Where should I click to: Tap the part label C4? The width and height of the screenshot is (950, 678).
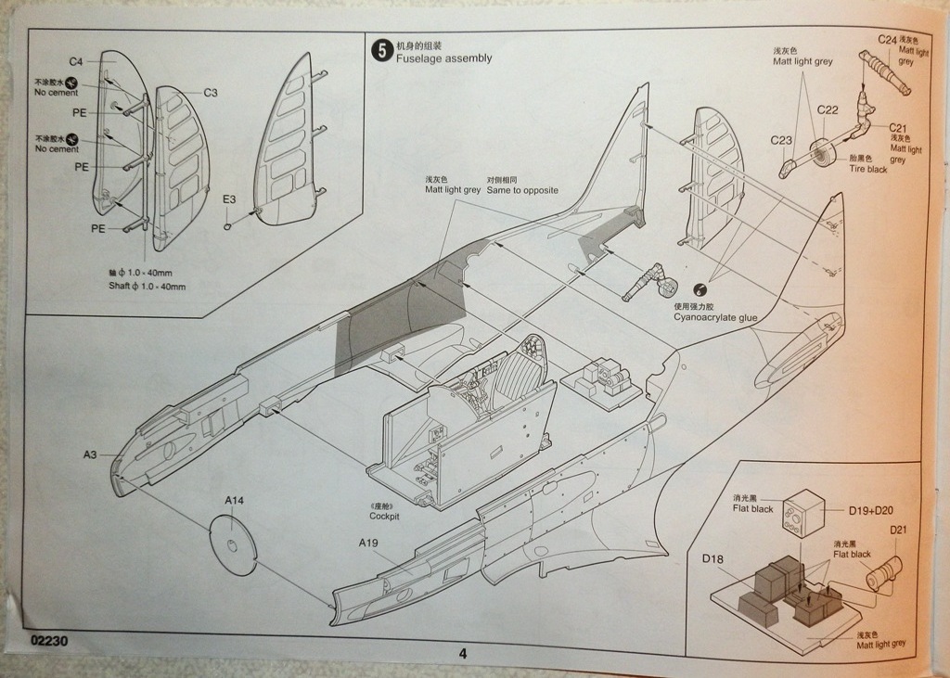click(x=76, y=61)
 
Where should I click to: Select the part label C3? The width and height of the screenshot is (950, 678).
click(x=211, y=92)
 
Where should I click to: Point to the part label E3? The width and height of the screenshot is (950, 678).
click(x=229, y=198)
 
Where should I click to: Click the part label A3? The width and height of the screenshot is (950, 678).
click(x=90, y=454)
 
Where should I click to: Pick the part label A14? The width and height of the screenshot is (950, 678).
click(x=234, y=500)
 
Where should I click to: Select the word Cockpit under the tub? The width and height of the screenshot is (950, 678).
click(x=384, y=516)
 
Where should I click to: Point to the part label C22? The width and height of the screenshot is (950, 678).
click(x=828, y=109)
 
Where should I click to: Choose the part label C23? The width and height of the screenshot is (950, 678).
click(x=781, y=140)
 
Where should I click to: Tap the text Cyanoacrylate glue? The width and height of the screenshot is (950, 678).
click(x=715, y=318)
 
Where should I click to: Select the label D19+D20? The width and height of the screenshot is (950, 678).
click(x=870, y=509)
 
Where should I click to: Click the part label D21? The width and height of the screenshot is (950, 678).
click(x=900, y=531)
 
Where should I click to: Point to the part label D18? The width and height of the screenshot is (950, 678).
click(x=712, y=558)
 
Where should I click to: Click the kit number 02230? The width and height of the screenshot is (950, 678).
click(x=46, y=641)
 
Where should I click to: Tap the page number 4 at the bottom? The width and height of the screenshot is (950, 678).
click(x=462, y=653)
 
